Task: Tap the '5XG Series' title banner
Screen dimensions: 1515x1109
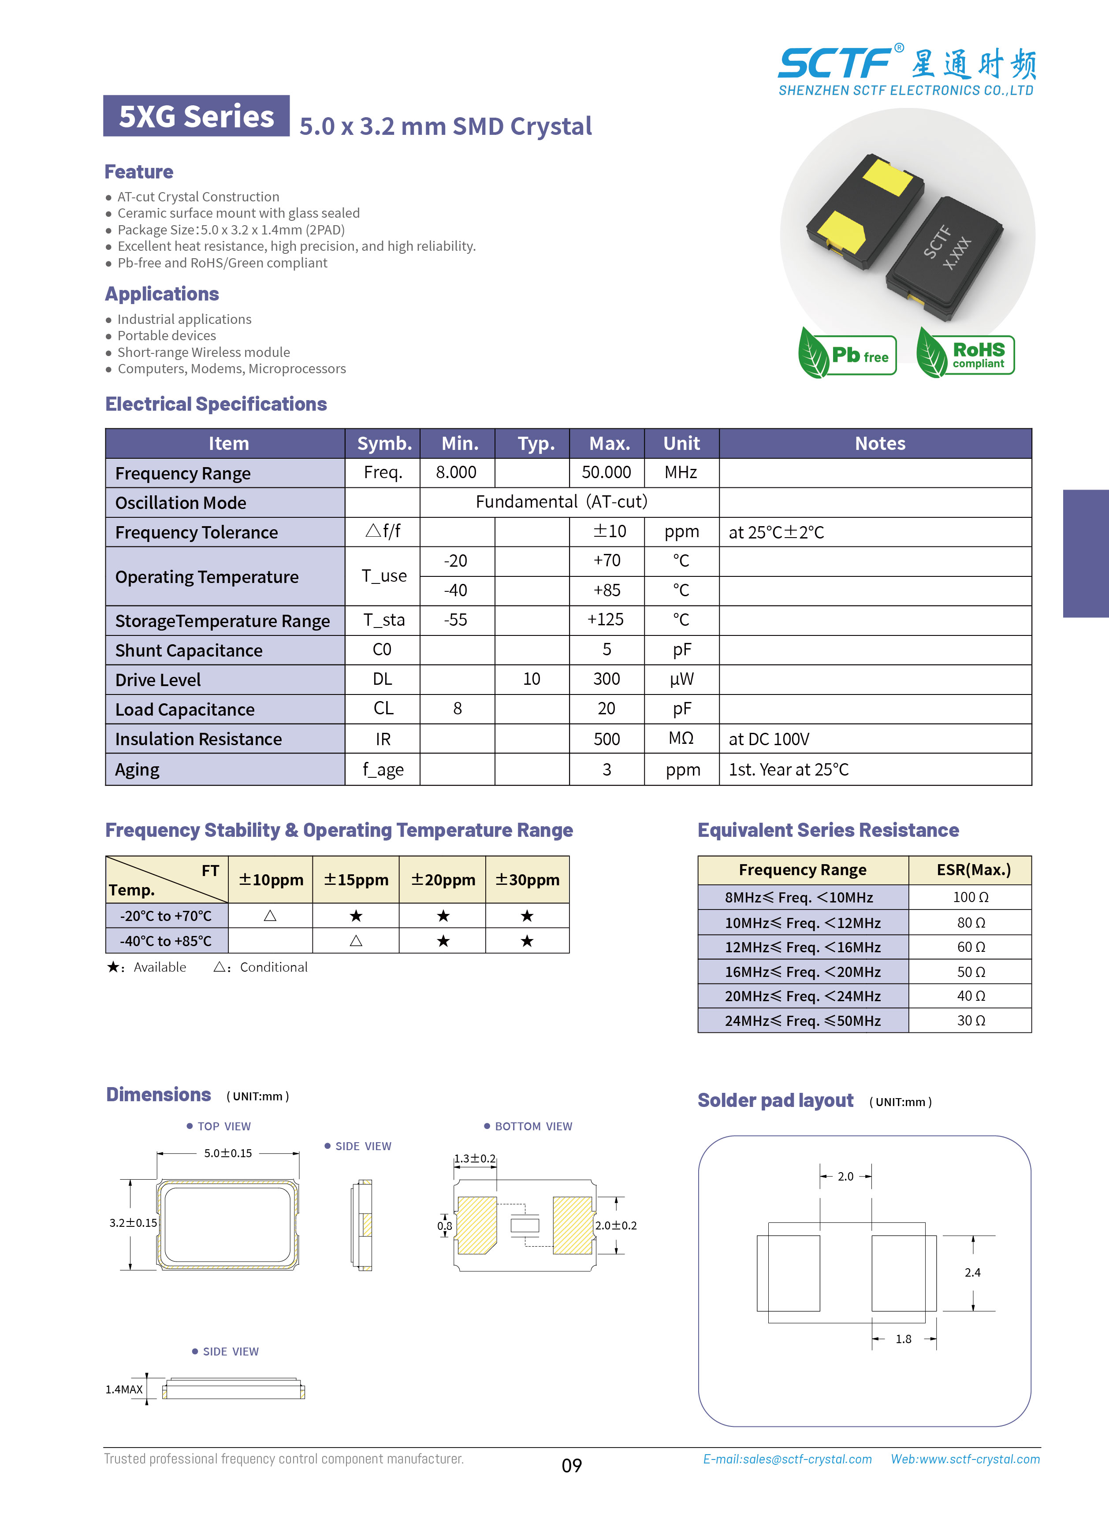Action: coord(196,116)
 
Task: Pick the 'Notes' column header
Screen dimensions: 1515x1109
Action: coord(879,443)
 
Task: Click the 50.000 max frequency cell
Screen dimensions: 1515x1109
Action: coord(606,472)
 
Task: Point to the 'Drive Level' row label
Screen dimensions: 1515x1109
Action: coord(158,680)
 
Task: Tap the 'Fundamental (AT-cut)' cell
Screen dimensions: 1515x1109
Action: coord(561,502)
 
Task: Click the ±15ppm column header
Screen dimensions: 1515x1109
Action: coord(356,880)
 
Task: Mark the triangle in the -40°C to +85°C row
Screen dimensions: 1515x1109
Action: coord(356,941)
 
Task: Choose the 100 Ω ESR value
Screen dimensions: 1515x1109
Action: coord(970,897)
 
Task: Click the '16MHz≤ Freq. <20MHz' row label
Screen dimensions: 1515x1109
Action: coord(802,972)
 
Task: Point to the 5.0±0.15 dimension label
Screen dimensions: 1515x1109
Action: coord(228,1153)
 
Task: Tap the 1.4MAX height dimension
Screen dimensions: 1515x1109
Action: coord(124,1389)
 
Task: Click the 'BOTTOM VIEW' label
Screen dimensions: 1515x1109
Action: coord(533,1126)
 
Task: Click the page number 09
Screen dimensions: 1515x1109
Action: coord(571,1465)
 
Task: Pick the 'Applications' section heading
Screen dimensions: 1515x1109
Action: coord(162,294)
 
